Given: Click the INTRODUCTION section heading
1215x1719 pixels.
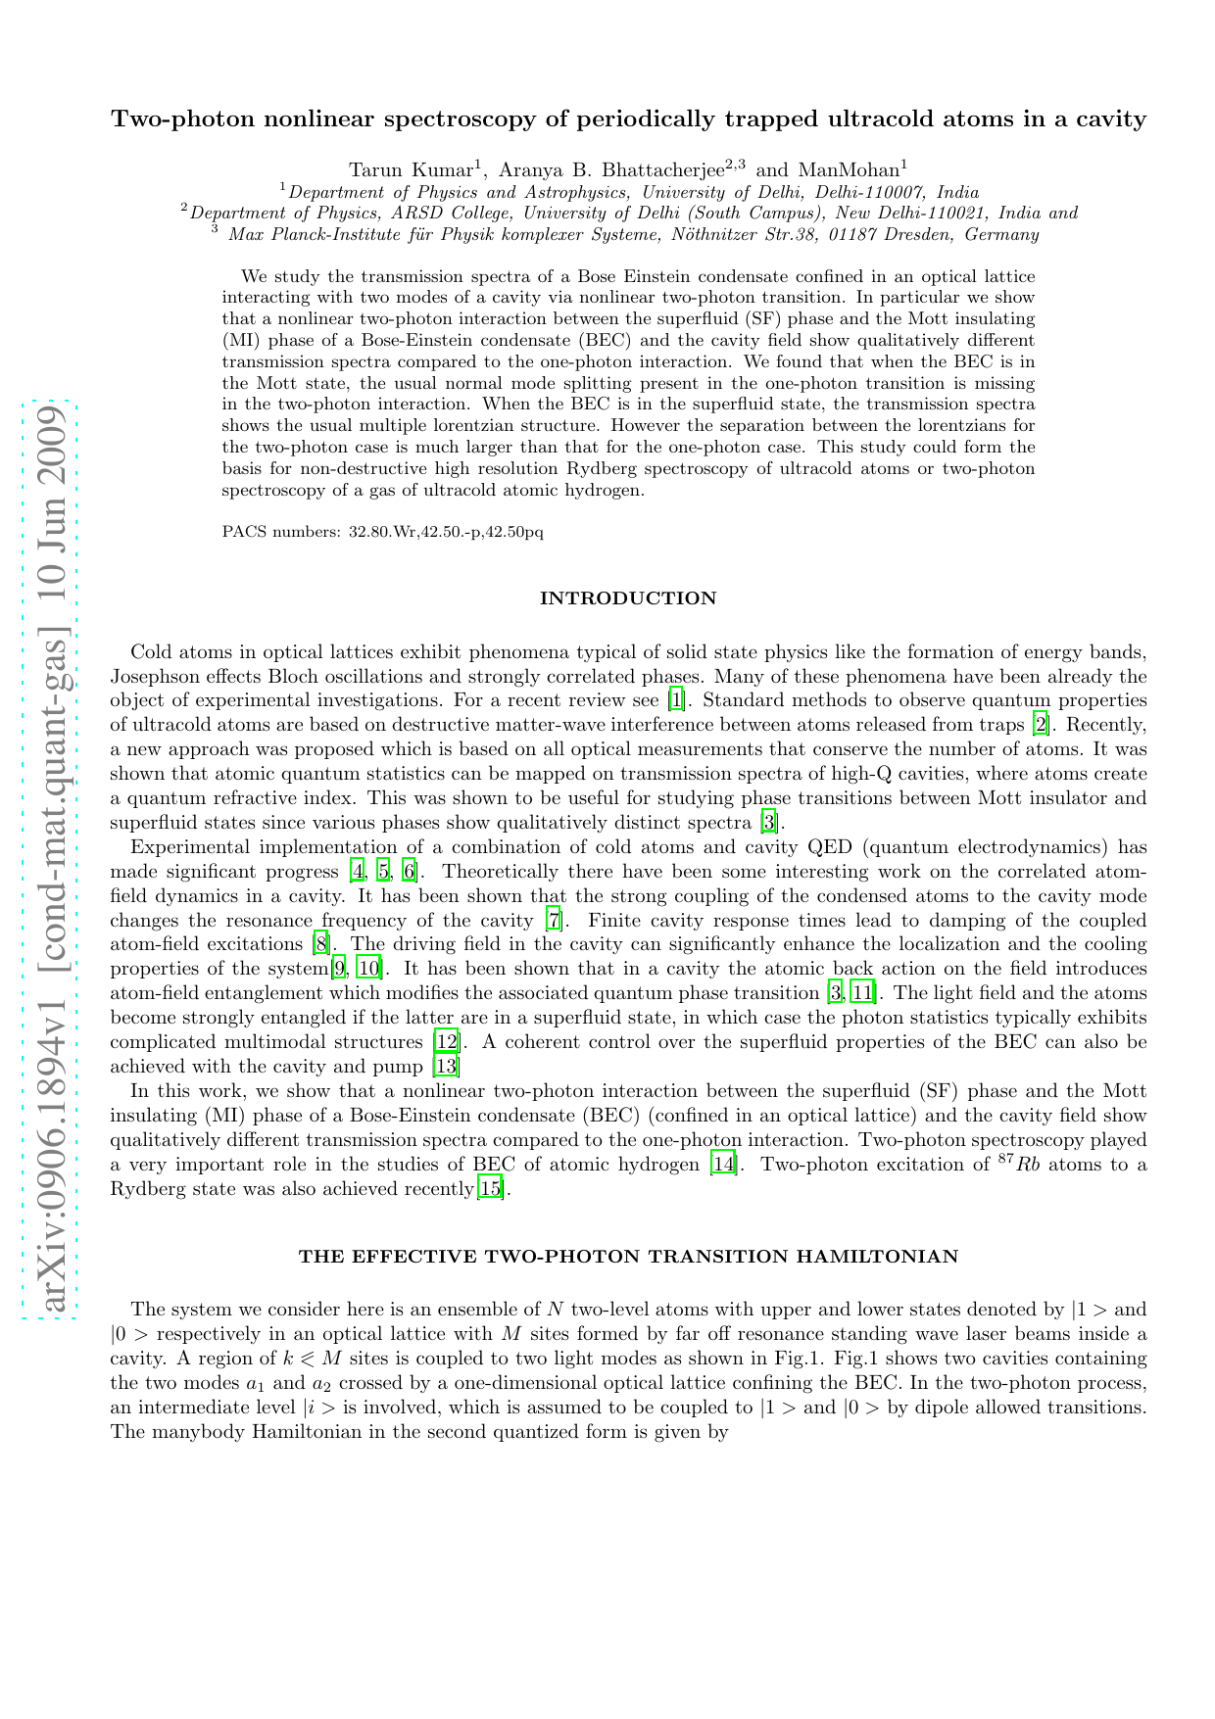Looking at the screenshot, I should coord(628,597).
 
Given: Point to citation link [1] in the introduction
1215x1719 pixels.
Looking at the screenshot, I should coord(676,700).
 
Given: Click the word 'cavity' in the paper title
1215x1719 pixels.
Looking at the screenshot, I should coord(1112,119).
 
